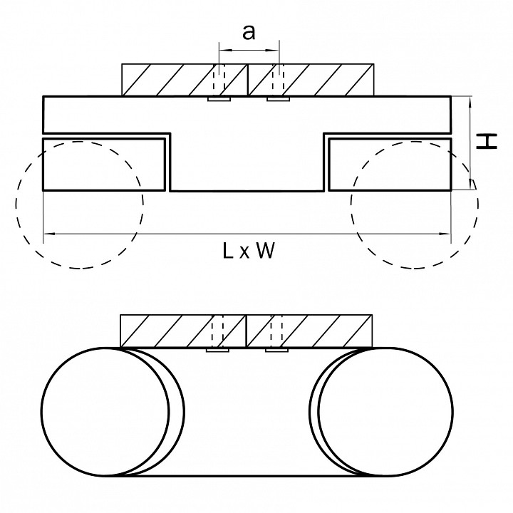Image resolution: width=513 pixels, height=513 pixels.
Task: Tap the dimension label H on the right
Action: [487, 142]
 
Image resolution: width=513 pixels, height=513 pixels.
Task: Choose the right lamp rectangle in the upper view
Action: [389, 165]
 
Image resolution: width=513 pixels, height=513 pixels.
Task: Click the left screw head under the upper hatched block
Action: [218, 99]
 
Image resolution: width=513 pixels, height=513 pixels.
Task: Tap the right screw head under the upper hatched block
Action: [278, 99]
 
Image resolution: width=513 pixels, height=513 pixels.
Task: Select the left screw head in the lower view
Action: [217, 350]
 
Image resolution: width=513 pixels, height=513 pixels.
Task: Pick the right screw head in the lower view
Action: [277, 350]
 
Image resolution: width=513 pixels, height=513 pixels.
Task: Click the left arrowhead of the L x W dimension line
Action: [48, 234]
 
